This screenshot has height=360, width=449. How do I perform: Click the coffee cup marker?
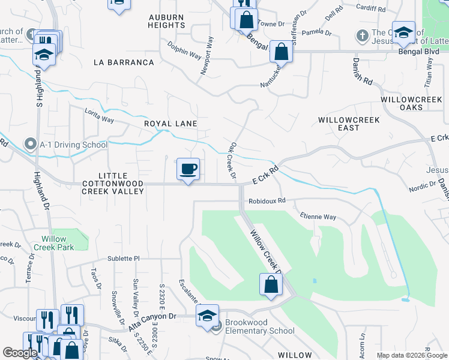click(x=188, y=169)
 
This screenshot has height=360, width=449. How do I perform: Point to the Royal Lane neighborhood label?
click(x=170, y=124)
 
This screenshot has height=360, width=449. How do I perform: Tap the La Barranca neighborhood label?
click(x=124, y=62)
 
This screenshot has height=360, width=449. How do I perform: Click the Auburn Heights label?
click(x=166, y=22)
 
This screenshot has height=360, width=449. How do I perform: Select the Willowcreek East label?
click(x=349, y=124)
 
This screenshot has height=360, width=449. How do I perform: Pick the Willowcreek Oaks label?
click(x=411, y=103)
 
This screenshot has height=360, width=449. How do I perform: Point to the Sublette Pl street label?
click(x=123, y=259)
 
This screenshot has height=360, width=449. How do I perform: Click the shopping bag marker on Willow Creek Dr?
click(x=271, y=284)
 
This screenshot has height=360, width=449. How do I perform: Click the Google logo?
click(x=20, y=353)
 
